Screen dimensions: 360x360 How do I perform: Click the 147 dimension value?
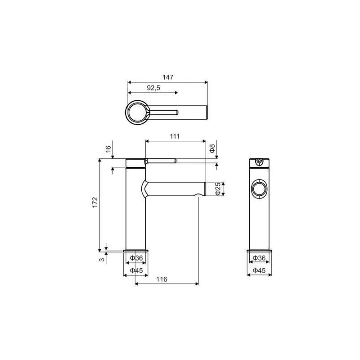(x=168, y=77)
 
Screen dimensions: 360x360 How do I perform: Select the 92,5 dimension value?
(x=153, y=88)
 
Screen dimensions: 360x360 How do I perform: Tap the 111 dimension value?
(x=175, y=136)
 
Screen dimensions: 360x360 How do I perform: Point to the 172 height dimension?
(x=95, y=202)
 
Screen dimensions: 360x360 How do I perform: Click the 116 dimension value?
(x=162, y=279)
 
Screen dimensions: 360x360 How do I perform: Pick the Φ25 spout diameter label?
(x=218, y=189)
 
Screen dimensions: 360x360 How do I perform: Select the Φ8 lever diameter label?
(x=212, y=148)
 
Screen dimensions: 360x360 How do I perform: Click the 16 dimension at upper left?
(x=108, y=149)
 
